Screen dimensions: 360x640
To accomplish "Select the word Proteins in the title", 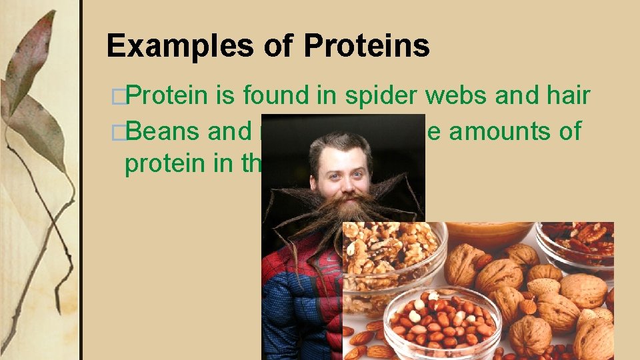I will [366, 46].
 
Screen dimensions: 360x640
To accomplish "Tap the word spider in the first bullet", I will [382, 97].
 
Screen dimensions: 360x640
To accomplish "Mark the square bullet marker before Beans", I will [118, 132].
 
